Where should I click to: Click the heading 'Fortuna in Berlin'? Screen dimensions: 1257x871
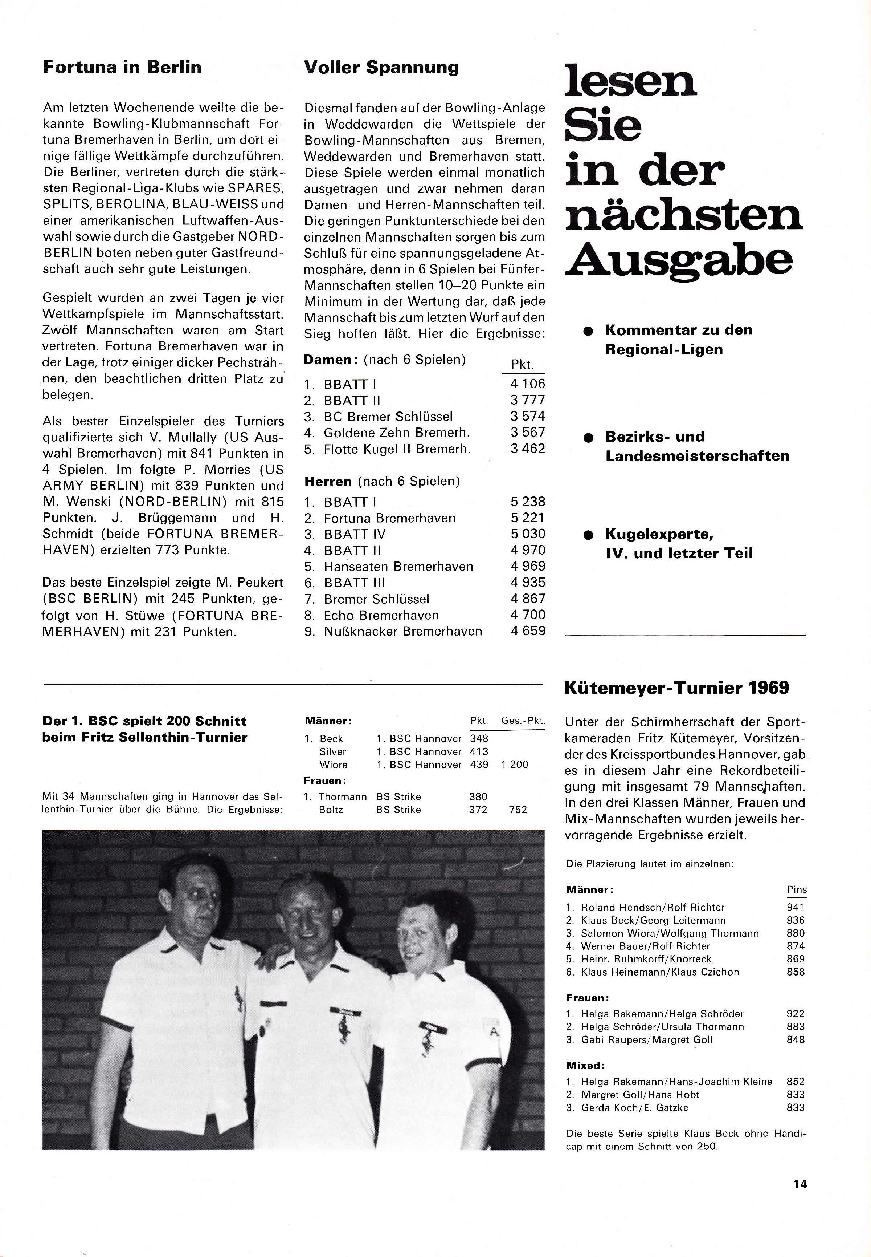(x=122, y=68)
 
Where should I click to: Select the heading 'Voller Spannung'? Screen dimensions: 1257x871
(x=381, y=68)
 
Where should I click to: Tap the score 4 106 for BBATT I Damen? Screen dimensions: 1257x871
(x=527, y=384)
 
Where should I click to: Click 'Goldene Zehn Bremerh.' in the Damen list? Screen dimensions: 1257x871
(x=396, y=433)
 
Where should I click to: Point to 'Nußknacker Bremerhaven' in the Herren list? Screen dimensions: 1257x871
(x=403, y=631)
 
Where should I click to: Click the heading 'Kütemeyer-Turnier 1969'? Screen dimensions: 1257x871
(x=677, y=688)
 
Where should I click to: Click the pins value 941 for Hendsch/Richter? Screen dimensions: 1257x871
(x=796, y=908)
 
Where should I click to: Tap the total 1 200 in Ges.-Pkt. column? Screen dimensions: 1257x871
(x=515, y=765)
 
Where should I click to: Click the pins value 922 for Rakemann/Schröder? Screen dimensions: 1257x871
(x=796, y=1013)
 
